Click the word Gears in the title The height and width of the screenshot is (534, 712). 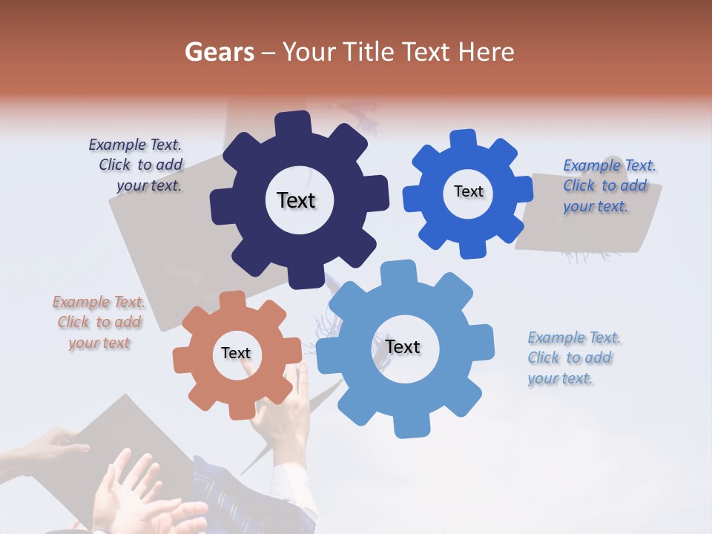(x=219, y=52)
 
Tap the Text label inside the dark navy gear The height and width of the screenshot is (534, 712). (x=296, y=200)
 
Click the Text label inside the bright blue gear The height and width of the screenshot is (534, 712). (x=468, y=191)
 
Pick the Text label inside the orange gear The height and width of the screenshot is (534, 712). (x=236, y=354)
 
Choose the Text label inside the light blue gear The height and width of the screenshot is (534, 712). (x=403, y=347)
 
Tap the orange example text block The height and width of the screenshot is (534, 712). (x=99, y=322)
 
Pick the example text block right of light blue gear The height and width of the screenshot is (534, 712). (x=573, y=357)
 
